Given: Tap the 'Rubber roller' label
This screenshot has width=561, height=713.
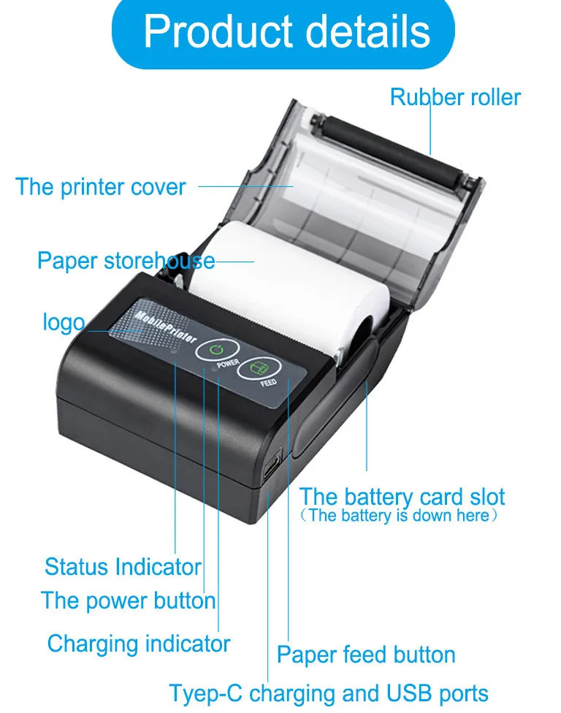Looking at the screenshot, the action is (455, 97).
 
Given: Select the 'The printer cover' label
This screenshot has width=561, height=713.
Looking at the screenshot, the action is (101, 187).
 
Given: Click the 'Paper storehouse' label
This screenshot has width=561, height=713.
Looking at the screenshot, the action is (126, 261).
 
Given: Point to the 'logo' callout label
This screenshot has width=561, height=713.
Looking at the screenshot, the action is (64, 322).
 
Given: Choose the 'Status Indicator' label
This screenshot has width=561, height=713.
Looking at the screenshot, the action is (123, 567).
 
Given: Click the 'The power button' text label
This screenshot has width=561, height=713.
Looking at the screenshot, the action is (129, 601).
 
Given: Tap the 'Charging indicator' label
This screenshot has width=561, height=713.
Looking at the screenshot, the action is (139, 644).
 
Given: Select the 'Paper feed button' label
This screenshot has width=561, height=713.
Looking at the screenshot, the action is (366, 655).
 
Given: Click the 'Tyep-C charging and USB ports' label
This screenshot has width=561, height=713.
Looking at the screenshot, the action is (329, 693).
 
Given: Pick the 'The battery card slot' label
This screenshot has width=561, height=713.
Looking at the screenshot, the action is (402, 497).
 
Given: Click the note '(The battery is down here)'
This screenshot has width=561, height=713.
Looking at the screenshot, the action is (402, 516).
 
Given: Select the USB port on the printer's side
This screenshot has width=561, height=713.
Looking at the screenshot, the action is (272, 466).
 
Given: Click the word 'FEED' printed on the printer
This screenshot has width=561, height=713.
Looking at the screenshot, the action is (268, 382).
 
